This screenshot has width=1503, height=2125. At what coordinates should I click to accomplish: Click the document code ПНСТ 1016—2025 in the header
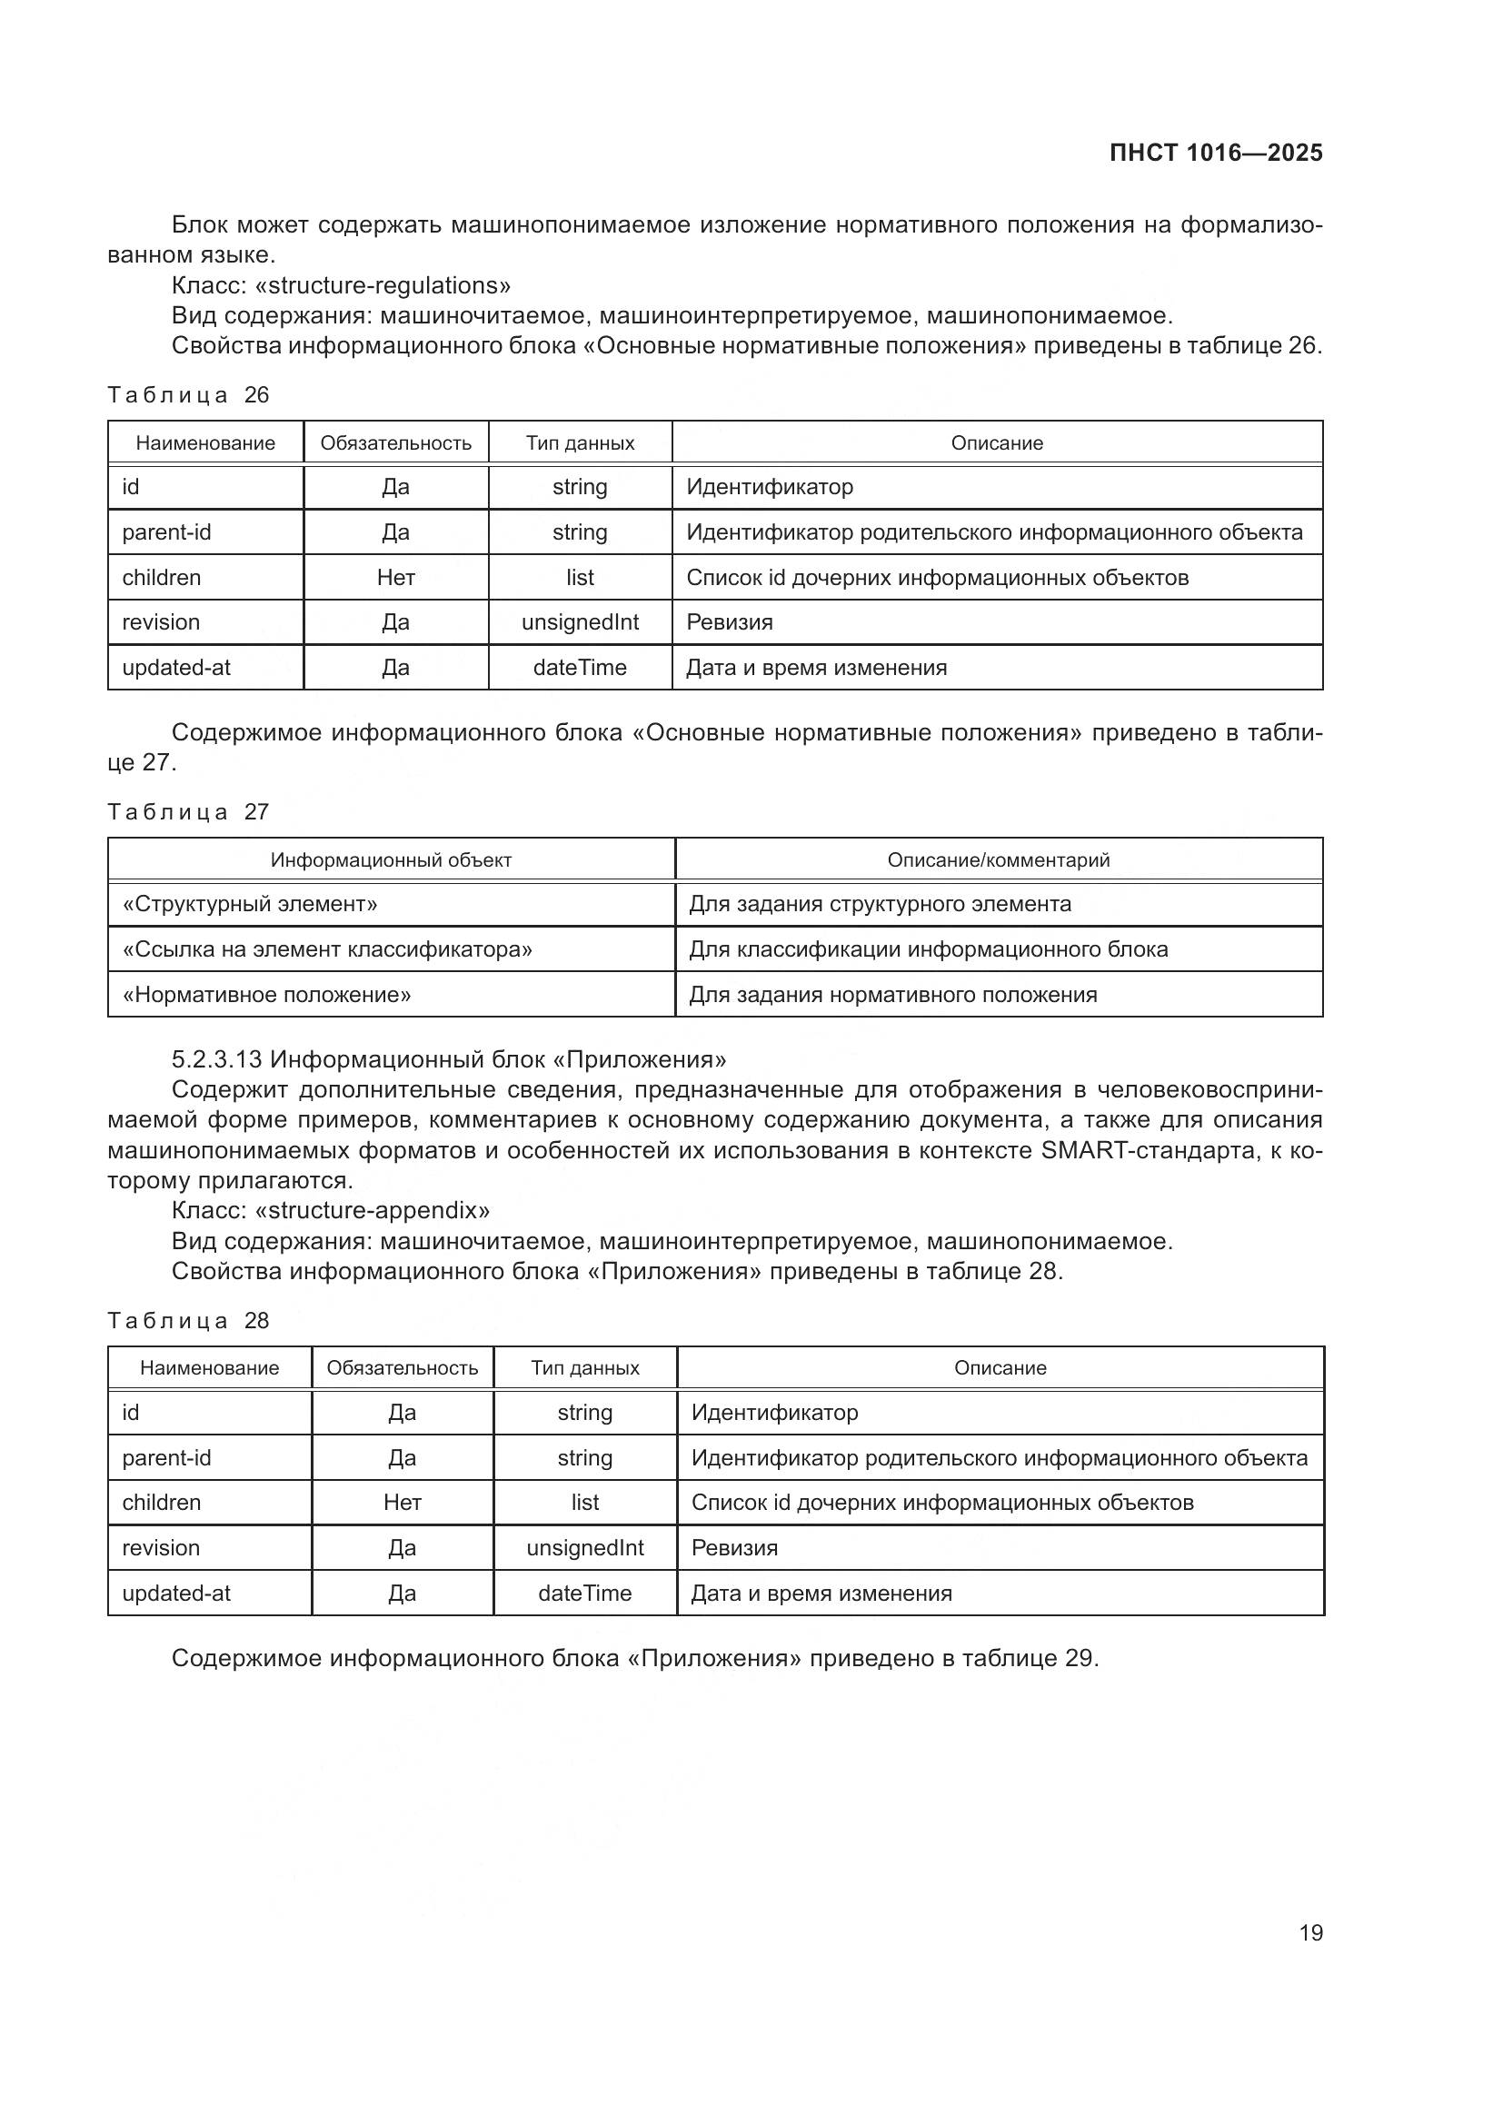pos(1215,154)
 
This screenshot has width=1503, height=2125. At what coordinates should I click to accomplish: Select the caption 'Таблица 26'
pos(188,395)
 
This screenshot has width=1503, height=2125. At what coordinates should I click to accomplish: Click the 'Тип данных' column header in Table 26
pos(581,443)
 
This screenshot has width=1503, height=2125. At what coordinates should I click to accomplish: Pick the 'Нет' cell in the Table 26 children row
pos(395,578)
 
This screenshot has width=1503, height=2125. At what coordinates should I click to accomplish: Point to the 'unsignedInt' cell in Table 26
pos(581,622)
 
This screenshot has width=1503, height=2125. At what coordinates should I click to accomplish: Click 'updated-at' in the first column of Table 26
pos(177,668)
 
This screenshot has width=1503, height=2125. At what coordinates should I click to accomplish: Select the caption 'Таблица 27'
pos(188,811)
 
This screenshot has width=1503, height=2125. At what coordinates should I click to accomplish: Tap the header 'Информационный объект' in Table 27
pos(391,859)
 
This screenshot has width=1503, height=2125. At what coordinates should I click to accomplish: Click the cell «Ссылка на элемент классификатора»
pos(327,949)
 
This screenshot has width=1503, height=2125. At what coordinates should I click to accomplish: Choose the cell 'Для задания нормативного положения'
pos(893,995)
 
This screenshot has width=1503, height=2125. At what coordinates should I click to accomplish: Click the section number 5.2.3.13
pos(217,1058)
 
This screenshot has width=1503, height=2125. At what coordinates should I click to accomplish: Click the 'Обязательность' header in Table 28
pos(402,1368)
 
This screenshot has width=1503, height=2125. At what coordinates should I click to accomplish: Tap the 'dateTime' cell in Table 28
pos(585,1593)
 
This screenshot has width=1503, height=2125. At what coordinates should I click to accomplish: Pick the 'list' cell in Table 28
pos(585,1502)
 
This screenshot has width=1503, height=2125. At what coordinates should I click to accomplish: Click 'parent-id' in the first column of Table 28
pos(166,1457)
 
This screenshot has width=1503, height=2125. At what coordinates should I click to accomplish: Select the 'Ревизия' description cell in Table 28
pos(735,1547)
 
